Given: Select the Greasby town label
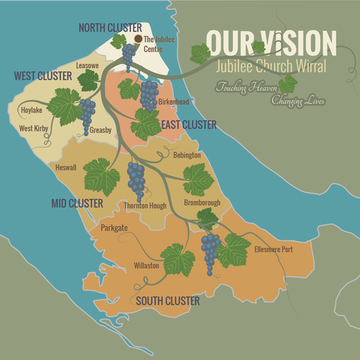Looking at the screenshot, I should [x=101, y=130].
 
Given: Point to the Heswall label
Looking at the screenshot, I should [x=66, y=167].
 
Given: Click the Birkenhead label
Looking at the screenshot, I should [x=175, y=102].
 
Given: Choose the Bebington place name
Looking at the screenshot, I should [x=186, y=155].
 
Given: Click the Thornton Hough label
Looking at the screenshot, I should [x=145, y=206].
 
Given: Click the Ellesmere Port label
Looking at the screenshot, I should [x=274, y=250].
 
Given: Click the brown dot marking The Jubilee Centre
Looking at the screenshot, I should [x=138, y=39].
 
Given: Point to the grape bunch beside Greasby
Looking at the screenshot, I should [x=86, y=113].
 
